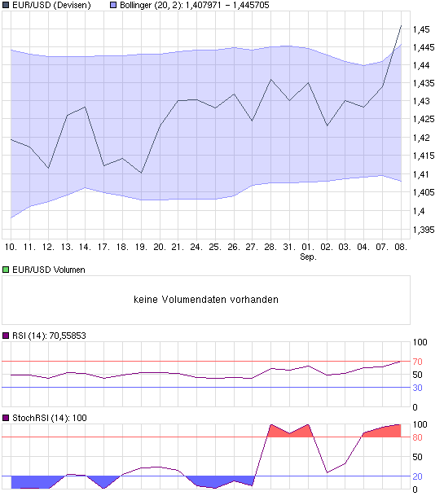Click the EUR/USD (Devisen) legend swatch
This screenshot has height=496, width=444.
tap(6, 5)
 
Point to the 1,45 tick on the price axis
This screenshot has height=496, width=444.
tap(421, 29)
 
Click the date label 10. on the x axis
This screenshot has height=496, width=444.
tap(11, 246)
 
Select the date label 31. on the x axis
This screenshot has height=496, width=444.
tap(288, 246)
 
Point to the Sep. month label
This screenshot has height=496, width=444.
tap(308, 257)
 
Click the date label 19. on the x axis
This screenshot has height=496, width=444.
tap(140, 246)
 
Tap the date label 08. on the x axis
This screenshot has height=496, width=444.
tap(400, 246)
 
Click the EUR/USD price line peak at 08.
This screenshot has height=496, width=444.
tap(400, 26)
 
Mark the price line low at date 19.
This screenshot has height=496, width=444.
tap(141, 173)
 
